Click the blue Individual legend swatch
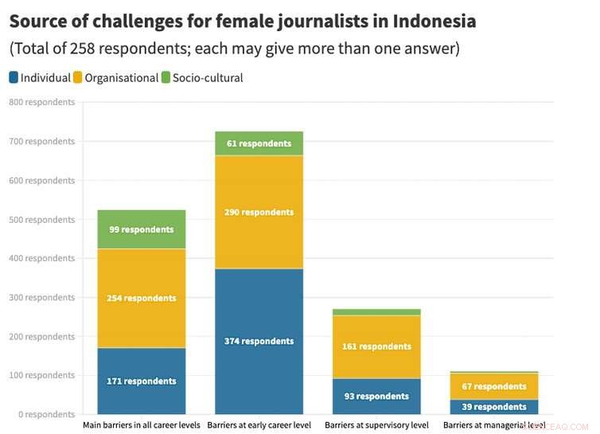coord(14,78)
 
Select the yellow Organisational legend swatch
coord(78,78)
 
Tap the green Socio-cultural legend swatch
coord(166,78)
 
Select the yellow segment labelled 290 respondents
coord(259,212)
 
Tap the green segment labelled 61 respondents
coord(259,143)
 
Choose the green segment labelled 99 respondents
coord(141,229)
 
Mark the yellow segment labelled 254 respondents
coord(141,298)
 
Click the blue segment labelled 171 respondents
coord(141,381)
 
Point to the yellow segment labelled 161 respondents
coord(376,346)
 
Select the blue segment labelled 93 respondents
coord(376,396)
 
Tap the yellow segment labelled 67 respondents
coord(494,386)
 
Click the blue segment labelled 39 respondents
coord(494,406)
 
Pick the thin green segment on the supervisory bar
coord(376,311)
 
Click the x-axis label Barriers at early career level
coord(259,425)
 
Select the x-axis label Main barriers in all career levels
coord(141,425)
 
